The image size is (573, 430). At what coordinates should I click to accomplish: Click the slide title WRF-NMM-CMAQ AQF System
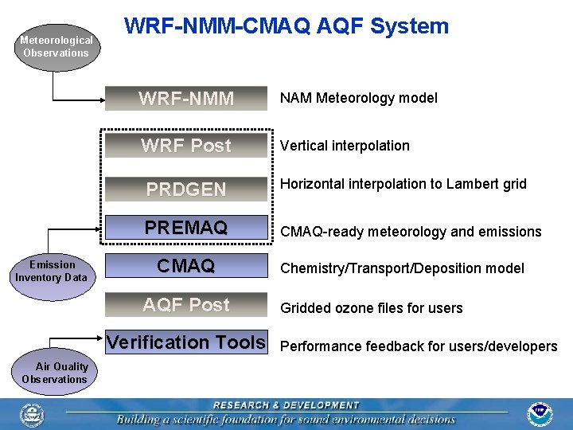coord(286,26)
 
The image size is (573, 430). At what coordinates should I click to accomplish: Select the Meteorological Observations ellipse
coord(56,46)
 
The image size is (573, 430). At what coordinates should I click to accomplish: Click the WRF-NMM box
coord(186,99)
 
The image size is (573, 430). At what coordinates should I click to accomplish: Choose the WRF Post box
coord(186,146)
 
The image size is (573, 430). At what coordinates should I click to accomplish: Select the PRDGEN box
coord(186,190)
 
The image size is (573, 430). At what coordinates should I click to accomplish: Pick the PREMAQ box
coord(186,229)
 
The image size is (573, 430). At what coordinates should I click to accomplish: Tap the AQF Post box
coord(186,305)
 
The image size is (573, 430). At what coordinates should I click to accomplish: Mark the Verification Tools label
coord(186,342)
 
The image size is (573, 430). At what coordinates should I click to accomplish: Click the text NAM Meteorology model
coord(357,99)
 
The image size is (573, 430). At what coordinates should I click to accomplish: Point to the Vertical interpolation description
coord(344,146)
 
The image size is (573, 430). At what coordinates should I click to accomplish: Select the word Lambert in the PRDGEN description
coord(470,184)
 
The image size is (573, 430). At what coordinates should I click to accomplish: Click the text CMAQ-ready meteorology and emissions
coord(409,232)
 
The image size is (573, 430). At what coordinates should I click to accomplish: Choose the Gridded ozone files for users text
coord(370,308)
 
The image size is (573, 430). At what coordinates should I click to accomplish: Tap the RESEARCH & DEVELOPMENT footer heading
coord(286,405)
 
